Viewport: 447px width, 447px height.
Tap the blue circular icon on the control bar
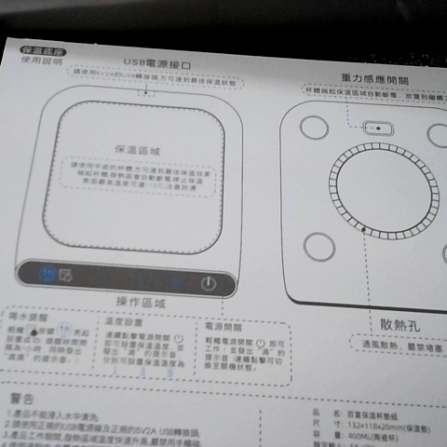pyautogui.click(x=47, y=274)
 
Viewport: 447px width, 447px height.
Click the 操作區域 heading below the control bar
pyautogui.click(x=141, y=303)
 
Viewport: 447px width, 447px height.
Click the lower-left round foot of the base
pyautogui.click(x=319, y=245)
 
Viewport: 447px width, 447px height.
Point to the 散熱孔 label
pyautogui.click(x=401, y=325)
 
